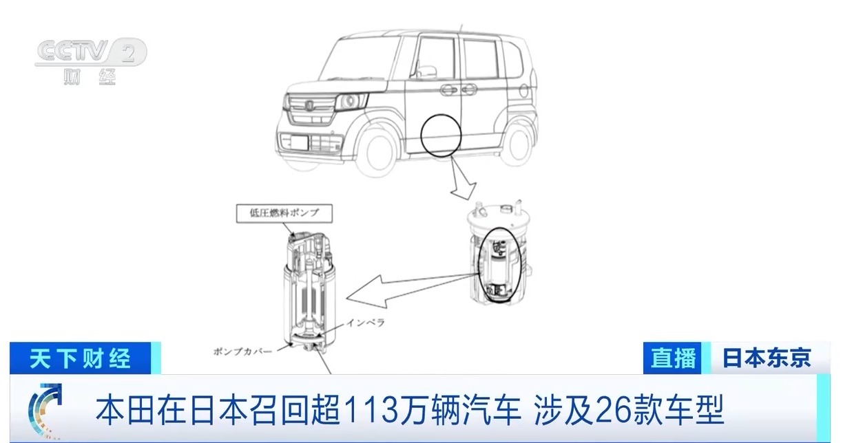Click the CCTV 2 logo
[91, 60]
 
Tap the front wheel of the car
[380, 150]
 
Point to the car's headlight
[351, 100]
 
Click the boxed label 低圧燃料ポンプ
[284, 213]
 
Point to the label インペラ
[365, 323]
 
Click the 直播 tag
[672, 358]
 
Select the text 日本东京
[767, 358]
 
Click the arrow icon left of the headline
[45, 411]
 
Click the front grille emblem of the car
[309, 105]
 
